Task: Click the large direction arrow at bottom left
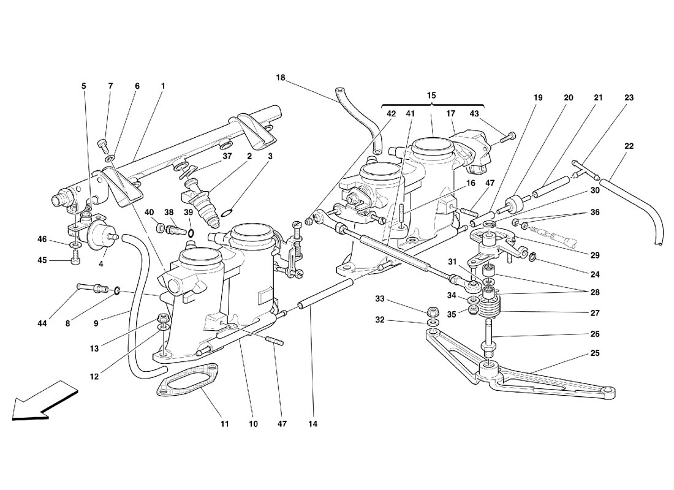44,399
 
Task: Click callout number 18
280,78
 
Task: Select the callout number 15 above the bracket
431,95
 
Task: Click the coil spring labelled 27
490,306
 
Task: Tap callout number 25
594,353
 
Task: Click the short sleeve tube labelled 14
326,292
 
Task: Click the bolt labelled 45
75,260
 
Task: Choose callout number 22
629,146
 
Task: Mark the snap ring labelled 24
532,257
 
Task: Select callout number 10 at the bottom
253,424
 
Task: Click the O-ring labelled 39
191,233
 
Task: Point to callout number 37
227,156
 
